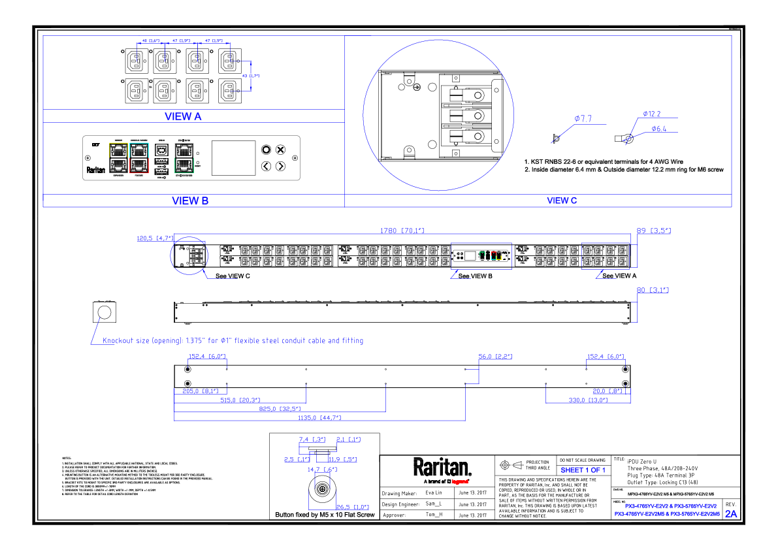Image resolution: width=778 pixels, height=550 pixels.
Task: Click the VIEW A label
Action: pos(183,116)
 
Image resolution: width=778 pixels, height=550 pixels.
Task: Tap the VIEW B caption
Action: pos(190,201)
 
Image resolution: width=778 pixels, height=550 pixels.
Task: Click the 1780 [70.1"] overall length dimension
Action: pos(402,231)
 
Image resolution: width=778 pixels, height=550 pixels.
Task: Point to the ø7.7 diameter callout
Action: pos(583,119)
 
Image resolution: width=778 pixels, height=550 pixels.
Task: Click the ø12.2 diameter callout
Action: pos(651,114)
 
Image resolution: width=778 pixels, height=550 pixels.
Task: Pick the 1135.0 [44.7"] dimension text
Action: pos(319,417)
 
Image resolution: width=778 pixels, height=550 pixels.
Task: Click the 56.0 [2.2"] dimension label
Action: pos(495,357)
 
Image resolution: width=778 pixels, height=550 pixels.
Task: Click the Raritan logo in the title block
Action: pos(442,468)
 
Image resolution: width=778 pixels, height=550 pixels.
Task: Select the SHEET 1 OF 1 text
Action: pos(583,470)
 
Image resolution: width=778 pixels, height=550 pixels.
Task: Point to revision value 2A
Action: pos(730,514)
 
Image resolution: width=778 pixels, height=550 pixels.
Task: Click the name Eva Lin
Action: pos(434,493)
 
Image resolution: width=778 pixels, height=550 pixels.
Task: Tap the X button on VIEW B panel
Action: pos(280,150)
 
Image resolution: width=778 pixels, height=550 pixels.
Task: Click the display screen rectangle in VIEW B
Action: pos(233,157)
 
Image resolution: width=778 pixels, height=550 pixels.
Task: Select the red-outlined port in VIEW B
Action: pos(138,165)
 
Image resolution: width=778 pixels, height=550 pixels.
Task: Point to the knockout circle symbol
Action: pos(104,312)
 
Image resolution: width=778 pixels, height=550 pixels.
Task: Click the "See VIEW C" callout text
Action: pos(233,276)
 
